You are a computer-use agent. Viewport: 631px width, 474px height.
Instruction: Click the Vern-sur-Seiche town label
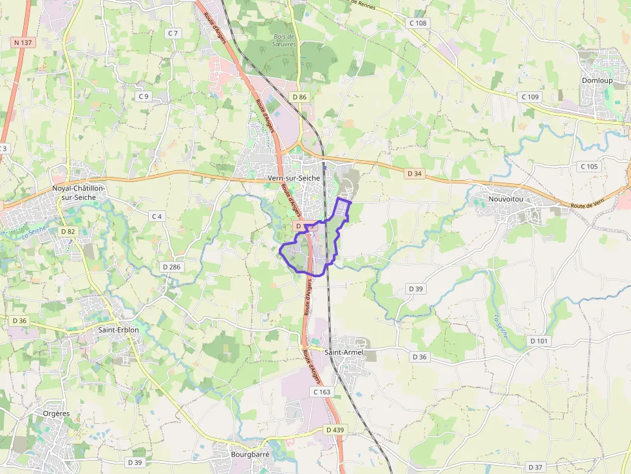pos(293,178)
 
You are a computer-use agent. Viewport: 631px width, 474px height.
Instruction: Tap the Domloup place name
pos(596,80)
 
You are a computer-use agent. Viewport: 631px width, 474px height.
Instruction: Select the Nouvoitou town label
pos(505,199)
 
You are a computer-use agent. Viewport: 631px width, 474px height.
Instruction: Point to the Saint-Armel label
pos(344,352)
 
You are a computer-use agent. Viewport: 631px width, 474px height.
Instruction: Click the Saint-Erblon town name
pos(118,330)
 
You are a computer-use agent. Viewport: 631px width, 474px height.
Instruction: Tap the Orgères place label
pos(56,414)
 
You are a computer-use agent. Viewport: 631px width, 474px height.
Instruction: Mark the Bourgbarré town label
pos(249,454)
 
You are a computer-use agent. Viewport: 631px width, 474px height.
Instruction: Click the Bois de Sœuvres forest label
pos(284,41)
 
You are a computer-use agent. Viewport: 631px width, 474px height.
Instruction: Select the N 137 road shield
pos(22,42)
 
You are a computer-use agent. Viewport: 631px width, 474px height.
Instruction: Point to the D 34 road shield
pos(415,174)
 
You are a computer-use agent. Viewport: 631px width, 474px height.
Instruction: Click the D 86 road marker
pos(299,97)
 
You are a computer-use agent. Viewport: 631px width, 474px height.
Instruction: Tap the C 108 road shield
pos(418,23)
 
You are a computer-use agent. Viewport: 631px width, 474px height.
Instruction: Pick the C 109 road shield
pos(529,96)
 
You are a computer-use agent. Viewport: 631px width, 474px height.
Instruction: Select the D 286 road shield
pos(171,266)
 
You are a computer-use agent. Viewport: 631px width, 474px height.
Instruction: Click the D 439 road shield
pos(335,430)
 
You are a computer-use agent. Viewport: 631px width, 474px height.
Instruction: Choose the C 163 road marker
pos(321,391)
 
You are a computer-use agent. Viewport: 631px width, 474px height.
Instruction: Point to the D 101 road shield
pos(538,340)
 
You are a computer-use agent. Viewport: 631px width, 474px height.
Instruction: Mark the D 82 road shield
pos(68,231)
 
